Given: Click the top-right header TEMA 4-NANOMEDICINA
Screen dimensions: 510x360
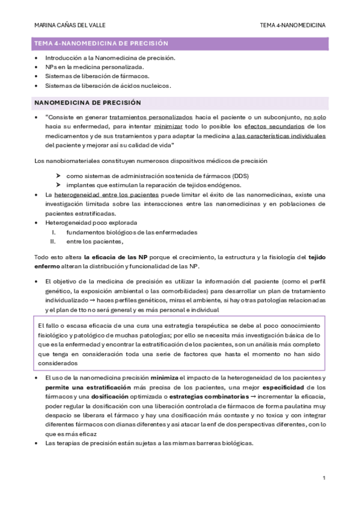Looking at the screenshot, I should coord(293,25).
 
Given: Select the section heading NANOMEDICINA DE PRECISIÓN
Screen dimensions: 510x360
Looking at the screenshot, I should coord(88,103).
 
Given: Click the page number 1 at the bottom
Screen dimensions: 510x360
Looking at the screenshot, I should coord(324,478).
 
